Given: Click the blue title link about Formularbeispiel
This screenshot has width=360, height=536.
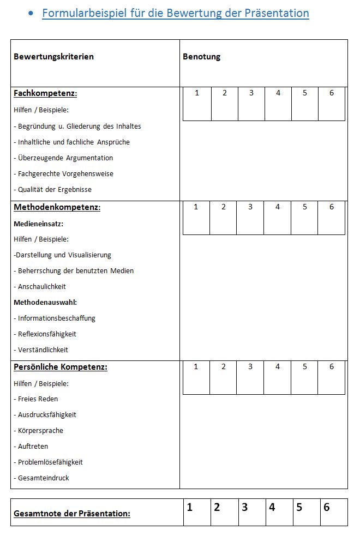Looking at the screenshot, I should (175, 13).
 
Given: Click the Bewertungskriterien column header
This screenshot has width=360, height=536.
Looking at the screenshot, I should (53, 57).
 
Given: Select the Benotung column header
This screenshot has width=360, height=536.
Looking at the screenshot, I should (201, 57).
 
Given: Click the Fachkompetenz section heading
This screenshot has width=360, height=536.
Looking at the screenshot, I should (45, 93).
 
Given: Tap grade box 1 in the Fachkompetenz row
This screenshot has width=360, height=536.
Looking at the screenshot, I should (197, 104).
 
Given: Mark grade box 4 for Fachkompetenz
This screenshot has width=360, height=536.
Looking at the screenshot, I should (278, 104).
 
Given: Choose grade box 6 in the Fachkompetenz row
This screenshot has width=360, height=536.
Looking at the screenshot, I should (332, 104).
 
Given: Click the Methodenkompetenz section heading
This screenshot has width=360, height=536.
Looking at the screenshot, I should (57, 207).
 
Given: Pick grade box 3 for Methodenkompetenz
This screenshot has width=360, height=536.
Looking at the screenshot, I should (250, 218).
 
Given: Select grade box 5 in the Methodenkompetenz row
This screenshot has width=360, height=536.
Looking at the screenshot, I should (304, 218).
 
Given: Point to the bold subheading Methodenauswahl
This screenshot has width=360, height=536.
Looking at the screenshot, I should (45, 302).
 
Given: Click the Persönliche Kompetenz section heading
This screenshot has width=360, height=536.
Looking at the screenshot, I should (61, 367).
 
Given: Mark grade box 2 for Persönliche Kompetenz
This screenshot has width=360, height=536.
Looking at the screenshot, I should (224, 377).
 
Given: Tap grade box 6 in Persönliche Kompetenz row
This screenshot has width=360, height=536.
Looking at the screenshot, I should (332, 377).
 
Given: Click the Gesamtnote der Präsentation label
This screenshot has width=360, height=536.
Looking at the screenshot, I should (72, 514).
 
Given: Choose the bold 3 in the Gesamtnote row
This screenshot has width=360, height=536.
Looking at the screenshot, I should (245, 508).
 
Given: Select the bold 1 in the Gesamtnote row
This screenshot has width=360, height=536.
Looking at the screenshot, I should (190, 508).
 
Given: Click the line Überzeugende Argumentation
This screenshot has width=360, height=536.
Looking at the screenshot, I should (65, 158).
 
